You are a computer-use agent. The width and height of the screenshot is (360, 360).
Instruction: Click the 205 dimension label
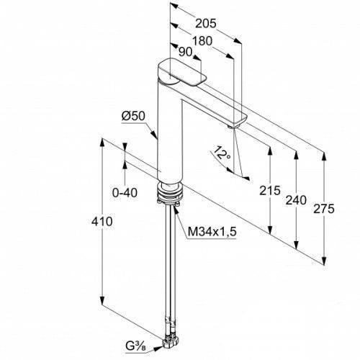click(206, 24)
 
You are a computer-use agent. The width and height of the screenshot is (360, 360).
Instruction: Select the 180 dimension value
click(202, 41)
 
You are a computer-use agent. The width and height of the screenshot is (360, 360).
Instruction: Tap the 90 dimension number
click(186, 52)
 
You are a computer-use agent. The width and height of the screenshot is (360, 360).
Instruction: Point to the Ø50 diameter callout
click(133, 116)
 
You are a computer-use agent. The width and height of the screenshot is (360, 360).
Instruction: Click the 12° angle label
click(222, 153)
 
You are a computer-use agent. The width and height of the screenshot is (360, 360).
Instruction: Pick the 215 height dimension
click(270, 191)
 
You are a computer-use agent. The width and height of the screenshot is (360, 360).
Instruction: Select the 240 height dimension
click(296, 200)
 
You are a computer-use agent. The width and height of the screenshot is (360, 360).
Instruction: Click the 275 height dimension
click(324, 209)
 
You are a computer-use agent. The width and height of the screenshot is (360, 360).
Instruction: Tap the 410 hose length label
click(102, 221)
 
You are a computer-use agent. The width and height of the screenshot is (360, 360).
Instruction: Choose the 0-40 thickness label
click(125, 192)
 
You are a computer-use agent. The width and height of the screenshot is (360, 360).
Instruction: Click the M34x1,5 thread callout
click(212, 232)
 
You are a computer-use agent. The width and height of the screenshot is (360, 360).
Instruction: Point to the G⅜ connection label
click(135, 346)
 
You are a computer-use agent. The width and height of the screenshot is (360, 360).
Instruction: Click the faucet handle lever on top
click(182, 72)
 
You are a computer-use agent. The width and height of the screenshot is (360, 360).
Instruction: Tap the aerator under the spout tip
click(233, 127)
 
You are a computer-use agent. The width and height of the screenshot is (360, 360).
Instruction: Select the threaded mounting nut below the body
click(170, 192)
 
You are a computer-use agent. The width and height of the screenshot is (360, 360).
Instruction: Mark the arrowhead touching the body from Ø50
click(154, 135)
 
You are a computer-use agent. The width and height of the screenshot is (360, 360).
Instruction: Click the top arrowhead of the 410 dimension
click(102, 143)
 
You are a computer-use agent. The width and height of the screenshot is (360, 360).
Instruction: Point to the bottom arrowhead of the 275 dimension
click(324, 261)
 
